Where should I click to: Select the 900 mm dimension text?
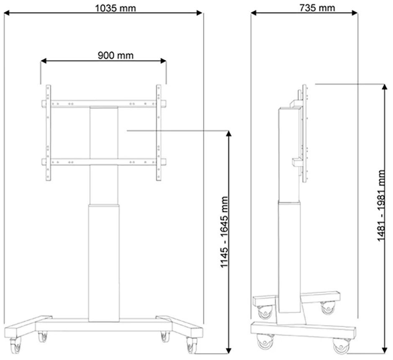115,55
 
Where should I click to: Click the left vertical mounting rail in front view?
48,133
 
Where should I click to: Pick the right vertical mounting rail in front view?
158,133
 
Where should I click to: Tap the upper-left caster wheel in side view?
264,311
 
